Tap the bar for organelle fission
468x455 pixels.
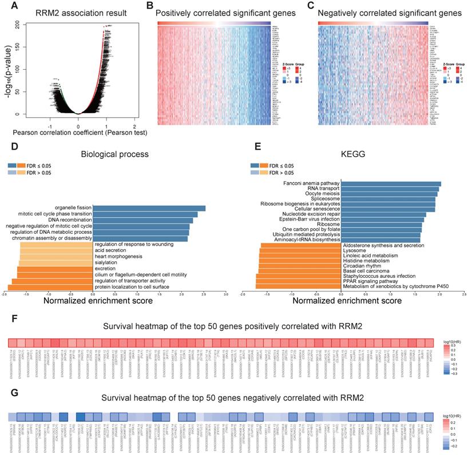[149, 208]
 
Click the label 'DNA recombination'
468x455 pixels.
[68, 220]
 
